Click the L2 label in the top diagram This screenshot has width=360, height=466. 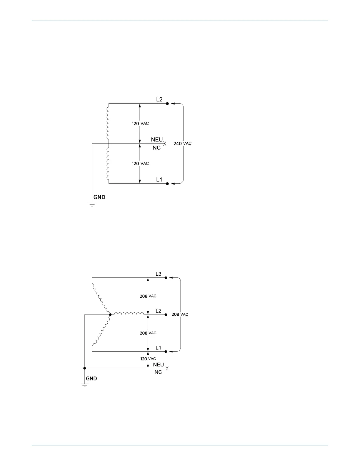[159, 99]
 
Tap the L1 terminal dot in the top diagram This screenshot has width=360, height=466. [167, 184]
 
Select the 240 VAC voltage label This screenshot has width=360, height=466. [182, 144]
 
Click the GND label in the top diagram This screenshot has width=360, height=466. [99, 197]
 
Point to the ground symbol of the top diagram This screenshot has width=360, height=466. [92, 204]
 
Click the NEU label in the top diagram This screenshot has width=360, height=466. [157, 140]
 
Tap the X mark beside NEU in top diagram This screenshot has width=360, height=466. [165, 144]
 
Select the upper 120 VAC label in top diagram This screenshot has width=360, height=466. [140, 124]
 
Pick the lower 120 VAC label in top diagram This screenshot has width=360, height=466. [140, 164]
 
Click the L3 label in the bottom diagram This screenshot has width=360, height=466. [159, 274]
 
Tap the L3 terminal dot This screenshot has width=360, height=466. [166, 278]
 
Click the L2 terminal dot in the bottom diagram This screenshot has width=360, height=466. [166, 314]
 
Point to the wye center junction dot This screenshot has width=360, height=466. [110, 314]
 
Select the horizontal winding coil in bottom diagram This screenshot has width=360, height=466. [129, 314]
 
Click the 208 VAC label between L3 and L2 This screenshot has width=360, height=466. [148, 296]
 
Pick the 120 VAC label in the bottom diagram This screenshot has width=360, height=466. [148, 359]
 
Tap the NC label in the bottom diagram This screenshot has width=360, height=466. [158, 372]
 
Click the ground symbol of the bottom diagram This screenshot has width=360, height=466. [85, 385]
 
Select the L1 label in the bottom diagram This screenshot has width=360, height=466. [159, 348]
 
